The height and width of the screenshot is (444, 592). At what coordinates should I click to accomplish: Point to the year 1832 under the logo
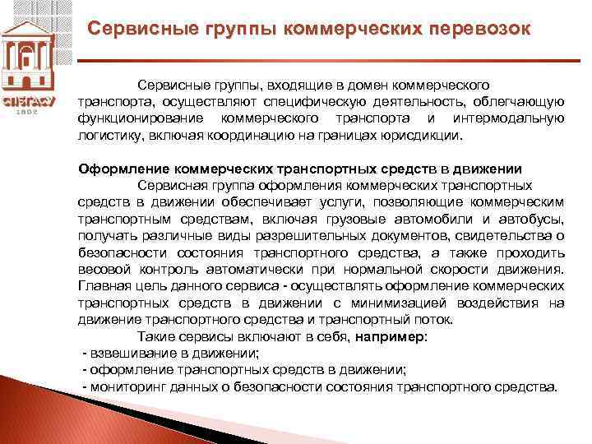coord(30,112)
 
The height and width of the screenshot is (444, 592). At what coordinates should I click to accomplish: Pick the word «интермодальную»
coord(508,118)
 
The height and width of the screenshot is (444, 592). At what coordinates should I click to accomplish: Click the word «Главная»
coord(104,286)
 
